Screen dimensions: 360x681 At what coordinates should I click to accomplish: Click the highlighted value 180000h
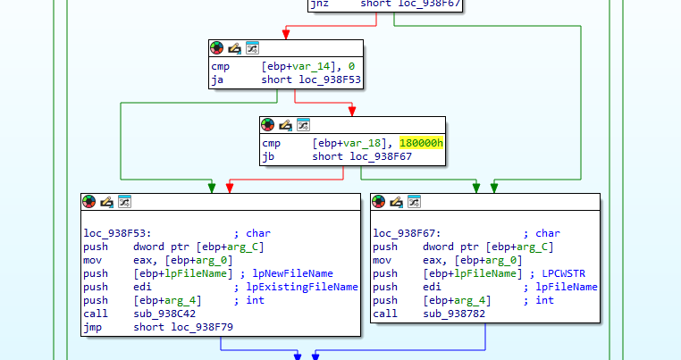pos(422,143)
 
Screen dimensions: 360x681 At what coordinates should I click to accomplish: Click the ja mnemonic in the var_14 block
pos(217,80)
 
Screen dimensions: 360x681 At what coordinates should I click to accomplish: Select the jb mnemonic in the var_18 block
pos(268,156)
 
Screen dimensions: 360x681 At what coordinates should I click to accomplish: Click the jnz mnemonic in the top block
pos(318,4)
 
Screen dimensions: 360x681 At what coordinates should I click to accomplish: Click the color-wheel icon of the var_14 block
pos(217,48)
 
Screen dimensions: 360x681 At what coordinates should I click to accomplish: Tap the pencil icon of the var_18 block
pos(285,124)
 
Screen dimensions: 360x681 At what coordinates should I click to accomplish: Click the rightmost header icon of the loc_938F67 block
pos(414,202)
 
